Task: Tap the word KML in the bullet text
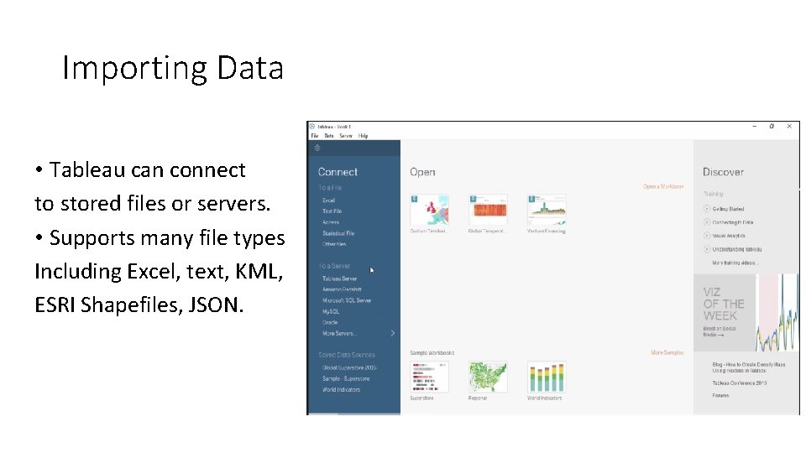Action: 262,271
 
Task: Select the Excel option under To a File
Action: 328,200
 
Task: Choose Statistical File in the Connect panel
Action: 338,233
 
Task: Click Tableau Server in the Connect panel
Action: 339,279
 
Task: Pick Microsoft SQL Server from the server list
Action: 347,300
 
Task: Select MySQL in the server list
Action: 331,311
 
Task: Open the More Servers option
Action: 340,333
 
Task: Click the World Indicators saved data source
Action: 341,389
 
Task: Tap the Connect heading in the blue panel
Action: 338,172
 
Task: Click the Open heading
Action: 422,172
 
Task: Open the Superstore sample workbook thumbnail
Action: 429,377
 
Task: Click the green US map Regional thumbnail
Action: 488,377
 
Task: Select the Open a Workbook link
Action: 663,186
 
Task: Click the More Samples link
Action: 667,353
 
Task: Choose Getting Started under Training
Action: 728,209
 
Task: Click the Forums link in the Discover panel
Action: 720,395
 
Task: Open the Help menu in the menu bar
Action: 363,136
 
